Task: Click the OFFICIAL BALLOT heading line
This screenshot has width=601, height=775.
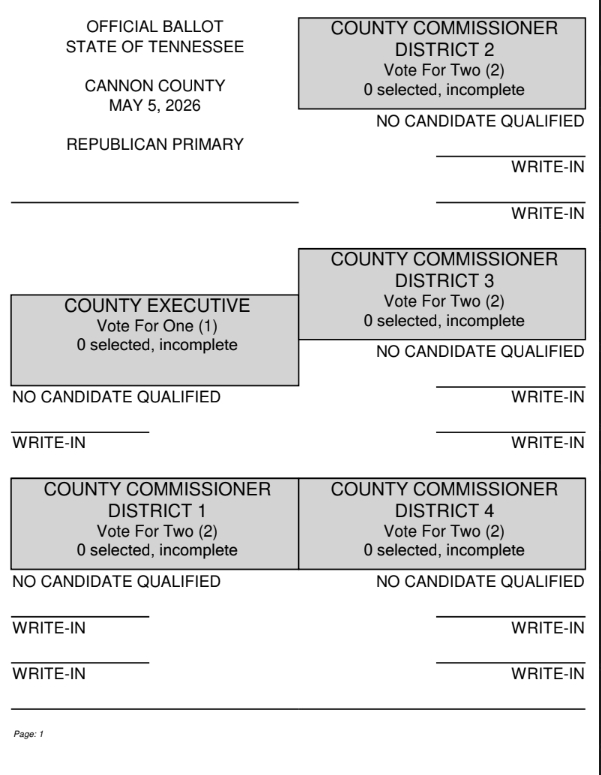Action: point(154,26)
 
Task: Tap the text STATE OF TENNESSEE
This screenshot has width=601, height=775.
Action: point(154,46)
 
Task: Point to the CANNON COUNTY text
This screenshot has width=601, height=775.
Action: point(154,87)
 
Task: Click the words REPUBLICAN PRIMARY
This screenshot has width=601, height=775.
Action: point(154,146)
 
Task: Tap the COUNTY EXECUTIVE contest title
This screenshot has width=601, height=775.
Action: point(155,305)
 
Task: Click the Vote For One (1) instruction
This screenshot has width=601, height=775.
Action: point(155,326)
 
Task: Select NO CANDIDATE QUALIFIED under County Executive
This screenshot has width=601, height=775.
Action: point(116,398)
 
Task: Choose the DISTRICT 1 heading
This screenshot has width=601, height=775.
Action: point(155,510)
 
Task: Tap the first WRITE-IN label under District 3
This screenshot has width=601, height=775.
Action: point(548,398)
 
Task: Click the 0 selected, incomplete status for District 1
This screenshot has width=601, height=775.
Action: point(155,550)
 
